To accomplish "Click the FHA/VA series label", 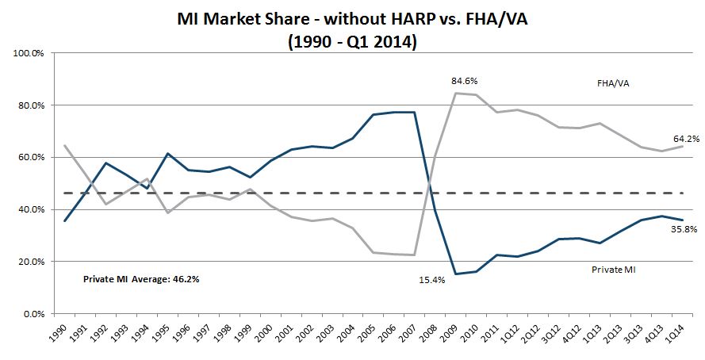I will [x=614, y=82].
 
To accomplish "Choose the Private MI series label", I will [x=615, y=270].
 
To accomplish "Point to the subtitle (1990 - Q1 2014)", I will [x=352, y=41].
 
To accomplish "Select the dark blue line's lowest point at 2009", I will [x=456, y=274].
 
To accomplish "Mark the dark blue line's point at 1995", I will [x=167, y=153].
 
